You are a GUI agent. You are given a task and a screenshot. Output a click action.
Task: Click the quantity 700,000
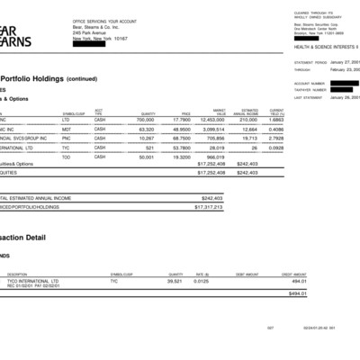click(x=146, y=119)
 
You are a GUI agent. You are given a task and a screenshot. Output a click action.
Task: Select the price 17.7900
click(x=180, y=119)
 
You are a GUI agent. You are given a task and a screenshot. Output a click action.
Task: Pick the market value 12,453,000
click(x=211, y=119)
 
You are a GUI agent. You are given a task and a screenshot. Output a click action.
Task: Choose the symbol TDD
click(x=66, y=157)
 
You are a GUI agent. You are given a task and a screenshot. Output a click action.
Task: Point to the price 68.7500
click(x=180, y=139)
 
